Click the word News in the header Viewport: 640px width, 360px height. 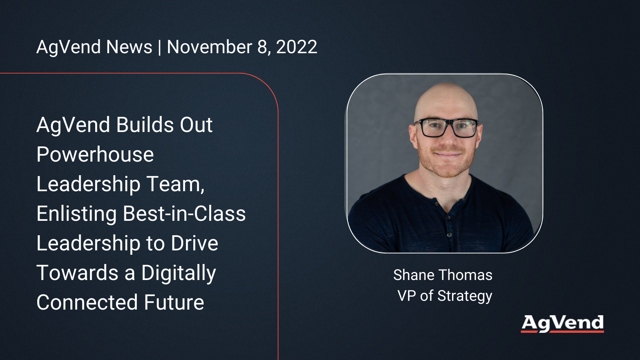point(129,47)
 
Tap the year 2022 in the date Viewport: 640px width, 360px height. point(296,47)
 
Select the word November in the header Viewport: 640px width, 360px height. point(210,47)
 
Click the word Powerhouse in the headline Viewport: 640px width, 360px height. point(95,154)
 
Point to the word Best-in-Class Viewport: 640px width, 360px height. point(184,214)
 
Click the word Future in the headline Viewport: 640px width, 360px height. point(174,302)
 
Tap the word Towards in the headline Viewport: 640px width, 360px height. point(78,272)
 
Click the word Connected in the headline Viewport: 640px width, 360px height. point(87,302)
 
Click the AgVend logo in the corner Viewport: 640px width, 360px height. point(562,324)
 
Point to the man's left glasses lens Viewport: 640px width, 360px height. point(465,128)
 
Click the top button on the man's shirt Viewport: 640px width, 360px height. point(436,204)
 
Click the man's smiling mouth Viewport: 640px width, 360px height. point(448,154)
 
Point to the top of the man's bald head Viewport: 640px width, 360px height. point(446,84)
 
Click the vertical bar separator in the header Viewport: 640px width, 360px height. point(160,47)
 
